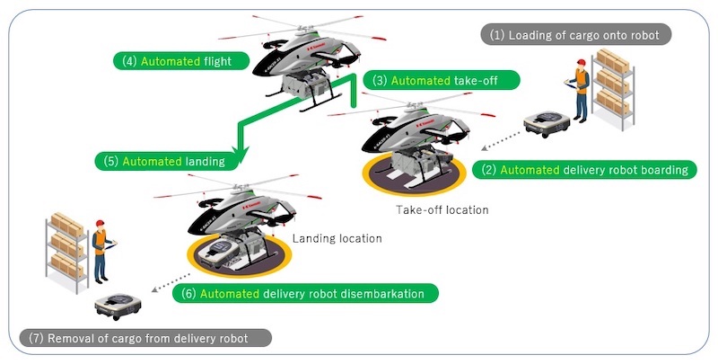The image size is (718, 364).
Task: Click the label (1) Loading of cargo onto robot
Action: [x=575, y=35]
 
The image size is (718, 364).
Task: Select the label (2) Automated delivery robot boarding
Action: [x=584, y=170]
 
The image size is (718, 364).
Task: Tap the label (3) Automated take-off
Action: [x=442, y=80]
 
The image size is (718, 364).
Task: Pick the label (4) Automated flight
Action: [x=181, y=61]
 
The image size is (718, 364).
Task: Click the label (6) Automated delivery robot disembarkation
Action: [x=305, y=293]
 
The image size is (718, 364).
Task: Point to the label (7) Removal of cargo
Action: [x=145, y=338]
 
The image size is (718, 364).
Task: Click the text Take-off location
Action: [x=442, y=210]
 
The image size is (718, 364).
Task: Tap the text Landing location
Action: [x=337, y=238]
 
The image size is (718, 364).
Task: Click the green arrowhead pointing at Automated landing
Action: [x=241, y=152]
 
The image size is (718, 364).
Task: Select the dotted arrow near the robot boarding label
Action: [x=501, y=141]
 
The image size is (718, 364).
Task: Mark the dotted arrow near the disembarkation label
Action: [x=171, y=282]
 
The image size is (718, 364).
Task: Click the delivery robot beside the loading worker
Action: [x=547, y=123]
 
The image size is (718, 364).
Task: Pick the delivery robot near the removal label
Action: [x=118, y=305]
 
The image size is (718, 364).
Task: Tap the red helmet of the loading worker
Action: [x=581, y=62]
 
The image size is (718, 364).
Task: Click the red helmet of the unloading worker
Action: [x=100, y=223]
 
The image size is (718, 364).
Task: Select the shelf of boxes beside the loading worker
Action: [x=613, y=88]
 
